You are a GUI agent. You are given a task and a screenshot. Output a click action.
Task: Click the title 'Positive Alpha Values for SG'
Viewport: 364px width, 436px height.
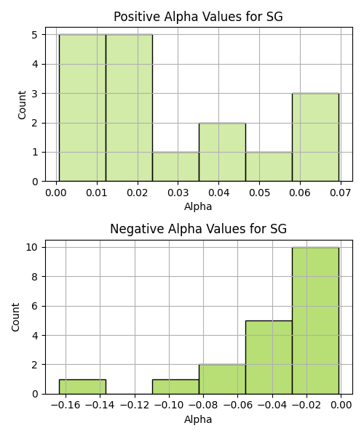point(198,17)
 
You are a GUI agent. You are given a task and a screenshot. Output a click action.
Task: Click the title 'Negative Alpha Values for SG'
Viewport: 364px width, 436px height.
point(198,229)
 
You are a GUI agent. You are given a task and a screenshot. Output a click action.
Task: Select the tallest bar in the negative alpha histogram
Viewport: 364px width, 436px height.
point(315,320)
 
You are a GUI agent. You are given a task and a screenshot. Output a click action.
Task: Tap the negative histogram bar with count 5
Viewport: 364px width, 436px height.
point(269,358)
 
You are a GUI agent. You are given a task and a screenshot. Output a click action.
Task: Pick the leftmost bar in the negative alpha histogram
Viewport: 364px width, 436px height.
point(82,387)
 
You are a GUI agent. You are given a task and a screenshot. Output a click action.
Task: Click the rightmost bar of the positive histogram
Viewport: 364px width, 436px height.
point(315,137)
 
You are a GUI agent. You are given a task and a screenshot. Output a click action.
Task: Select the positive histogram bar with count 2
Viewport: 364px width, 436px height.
point(222,152)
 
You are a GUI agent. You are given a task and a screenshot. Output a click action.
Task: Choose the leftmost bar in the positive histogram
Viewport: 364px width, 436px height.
point(82,108)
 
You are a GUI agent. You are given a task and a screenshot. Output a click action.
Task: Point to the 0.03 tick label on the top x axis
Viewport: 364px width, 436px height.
point(178,193)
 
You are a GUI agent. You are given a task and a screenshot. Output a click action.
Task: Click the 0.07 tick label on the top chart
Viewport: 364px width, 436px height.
point(341,193)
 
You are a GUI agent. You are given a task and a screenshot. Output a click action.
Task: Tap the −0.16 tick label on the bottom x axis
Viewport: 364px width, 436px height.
point(66,405)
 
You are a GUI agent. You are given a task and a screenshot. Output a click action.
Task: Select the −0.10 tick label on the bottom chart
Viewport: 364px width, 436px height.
point(169,405)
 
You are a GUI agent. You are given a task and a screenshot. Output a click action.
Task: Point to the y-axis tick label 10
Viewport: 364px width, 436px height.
point(32,247)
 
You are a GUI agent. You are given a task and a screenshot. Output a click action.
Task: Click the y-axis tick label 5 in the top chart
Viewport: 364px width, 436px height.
point(35,35)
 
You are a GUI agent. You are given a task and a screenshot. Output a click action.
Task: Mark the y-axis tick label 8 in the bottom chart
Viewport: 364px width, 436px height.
point(35,277)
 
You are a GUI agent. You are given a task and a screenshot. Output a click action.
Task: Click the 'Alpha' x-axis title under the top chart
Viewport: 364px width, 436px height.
point(198,206)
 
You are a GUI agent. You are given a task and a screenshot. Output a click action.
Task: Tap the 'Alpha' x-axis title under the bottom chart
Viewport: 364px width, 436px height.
point(198,419)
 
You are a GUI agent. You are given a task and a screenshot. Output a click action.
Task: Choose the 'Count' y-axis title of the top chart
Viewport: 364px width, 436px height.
point(22,105)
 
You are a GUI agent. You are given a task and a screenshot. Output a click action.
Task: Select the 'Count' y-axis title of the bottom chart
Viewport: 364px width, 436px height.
point(15,318)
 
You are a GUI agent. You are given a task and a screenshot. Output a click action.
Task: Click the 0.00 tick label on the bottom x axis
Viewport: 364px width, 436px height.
point(341,405)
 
